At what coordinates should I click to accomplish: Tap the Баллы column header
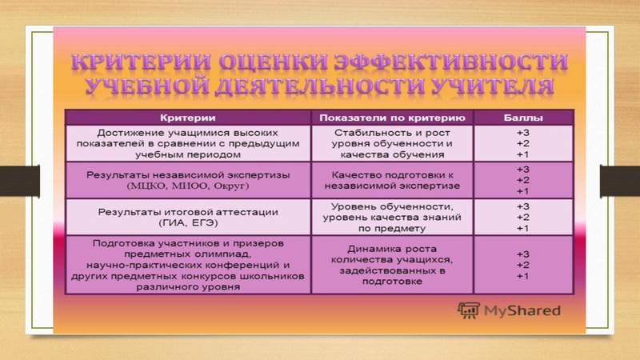522,117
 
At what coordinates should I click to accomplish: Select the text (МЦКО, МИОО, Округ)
188,186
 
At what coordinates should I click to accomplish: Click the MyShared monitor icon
469,310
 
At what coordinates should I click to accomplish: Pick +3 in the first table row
522,130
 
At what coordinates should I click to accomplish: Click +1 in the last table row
522,276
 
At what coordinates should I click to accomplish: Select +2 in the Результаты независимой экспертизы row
522,180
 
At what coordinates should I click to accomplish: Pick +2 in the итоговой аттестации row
522,216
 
